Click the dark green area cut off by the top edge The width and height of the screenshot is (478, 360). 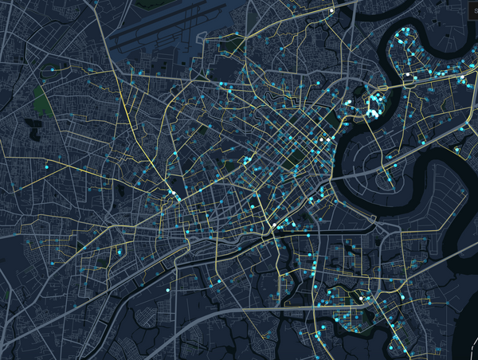[147, 4]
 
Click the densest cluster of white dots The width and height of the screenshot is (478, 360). [373, 105]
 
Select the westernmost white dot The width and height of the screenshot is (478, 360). [171, 193]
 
